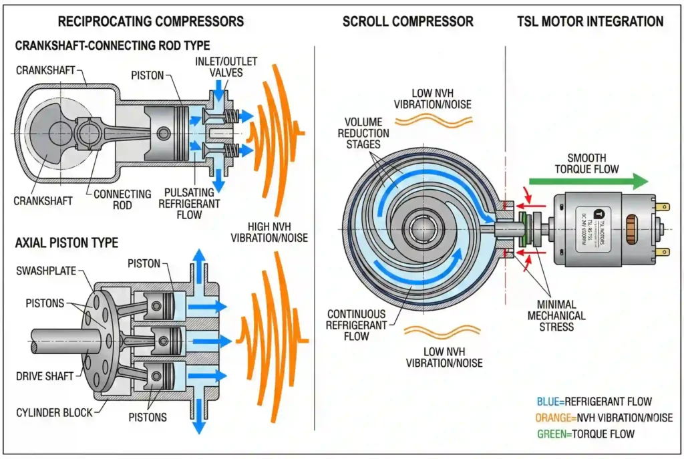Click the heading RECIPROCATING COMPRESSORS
(x=150, y=21)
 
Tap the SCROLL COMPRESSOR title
(x=407, y=21)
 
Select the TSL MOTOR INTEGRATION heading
(x=590, y=21)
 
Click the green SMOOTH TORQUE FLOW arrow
(x=588, y=181)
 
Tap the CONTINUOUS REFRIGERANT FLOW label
(x=357, y=325)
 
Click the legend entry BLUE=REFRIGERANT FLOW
(x=594, y=402)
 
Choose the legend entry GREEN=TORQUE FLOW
(x=585, y=434)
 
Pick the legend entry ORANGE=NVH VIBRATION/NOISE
(x=604, y=418)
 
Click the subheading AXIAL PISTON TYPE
(x=67, y=242)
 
